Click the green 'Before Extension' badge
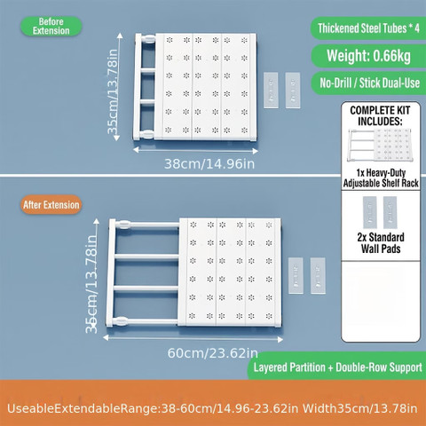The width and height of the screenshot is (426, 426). pyautogui.click(x=51, y=27)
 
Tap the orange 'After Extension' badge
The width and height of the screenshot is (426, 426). pyautogui.click(x=51, y=205)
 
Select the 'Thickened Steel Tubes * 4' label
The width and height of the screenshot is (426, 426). pyautogui.click(x=368, y=28)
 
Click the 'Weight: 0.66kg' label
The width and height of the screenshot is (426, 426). pyautogui.click(x=368, y=56)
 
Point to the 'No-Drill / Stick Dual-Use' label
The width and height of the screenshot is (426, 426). pyautogui.click(x=369, y=83)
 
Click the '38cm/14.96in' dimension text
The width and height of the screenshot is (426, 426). pyautogui.click(x=209, y=163)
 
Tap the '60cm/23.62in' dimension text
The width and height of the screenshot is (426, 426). pyautogui.click(x=212, y=353)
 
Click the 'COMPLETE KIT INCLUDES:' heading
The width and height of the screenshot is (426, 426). pyautogui.click(x=380, y=115)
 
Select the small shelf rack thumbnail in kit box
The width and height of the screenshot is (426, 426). pyautogui.click(x=380, y=146)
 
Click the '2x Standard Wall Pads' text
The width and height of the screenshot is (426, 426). pyautogui.click(x=381, y=243)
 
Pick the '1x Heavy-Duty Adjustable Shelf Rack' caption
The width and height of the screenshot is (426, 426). pyautogui.click(x=381, y=177)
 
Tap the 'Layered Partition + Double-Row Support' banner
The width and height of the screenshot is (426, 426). pyautogui.click(x=337, y=367)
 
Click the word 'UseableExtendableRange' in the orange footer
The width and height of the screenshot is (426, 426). pyautogui.click(x=83, y=408)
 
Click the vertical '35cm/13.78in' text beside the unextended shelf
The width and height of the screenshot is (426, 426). pyautogui.click(x=113, y=91)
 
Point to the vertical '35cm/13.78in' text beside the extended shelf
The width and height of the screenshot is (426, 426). pyautogui.click(x=91, y=284)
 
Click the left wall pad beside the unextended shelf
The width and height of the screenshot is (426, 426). pyautogui.click(x=271, y=91)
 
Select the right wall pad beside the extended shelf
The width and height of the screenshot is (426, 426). pyautogui.click(x=318, y=276)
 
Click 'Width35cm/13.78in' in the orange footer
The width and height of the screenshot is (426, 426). pyautogui.click(x=359, y=408)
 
